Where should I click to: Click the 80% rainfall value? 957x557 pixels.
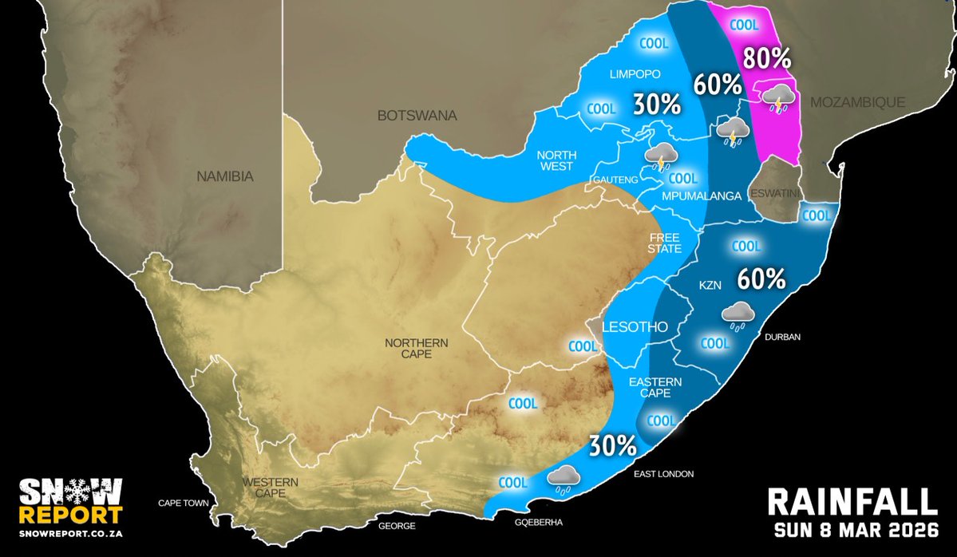coord(767,58)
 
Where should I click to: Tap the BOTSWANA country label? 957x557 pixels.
coord(417,116)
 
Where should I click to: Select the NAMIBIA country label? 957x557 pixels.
coord(225,176)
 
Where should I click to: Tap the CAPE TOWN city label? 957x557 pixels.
coord(184,504)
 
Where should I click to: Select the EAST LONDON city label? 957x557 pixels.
coord(664,474)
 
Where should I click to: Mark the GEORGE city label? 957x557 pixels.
coord(397,526)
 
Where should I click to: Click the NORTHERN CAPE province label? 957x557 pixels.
coord(417,348)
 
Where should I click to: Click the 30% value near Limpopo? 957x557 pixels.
coord(657,104)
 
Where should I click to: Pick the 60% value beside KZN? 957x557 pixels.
coord(761,278)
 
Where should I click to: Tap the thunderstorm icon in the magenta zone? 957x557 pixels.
coord(777,99)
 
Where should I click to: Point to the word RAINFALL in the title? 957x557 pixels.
coord(852,502)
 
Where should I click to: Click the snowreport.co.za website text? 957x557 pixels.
coord(71,533)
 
